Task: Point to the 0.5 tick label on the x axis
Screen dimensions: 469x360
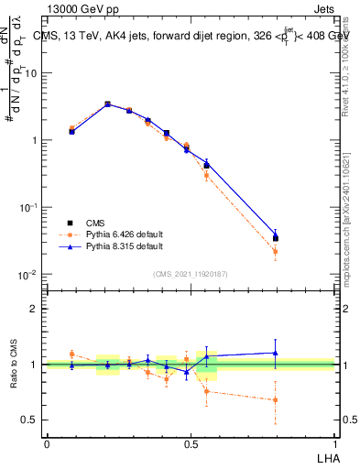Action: (190, 442)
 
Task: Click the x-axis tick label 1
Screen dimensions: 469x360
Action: (333, 442)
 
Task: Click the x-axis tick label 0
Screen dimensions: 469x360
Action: (47, 442)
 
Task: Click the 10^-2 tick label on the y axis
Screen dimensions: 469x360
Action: (30, 275)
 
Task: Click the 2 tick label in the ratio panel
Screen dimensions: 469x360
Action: (36, 309)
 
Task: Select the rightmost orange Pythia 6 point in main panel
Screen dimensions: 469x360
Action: (276, 251)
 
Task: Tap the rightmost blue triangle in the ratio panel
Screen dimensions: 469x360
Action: (276, 353)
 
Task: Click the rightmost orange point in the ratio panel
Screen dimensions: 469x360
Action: (276, 399)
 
